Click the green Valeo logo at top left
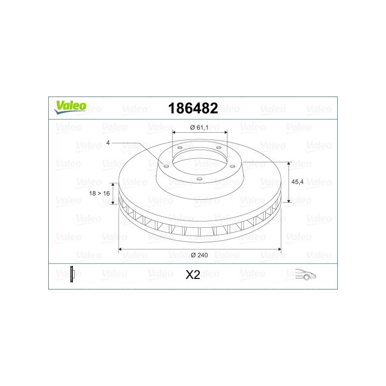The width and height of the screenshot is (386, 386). tap(70, 107)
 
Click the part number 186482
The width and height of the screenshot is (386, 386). tap(193, 108)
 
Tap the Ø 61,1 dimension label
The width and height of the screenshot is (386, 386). tap(199, 127)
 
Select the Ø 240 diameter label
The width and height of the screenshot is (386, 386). tap(199, 255)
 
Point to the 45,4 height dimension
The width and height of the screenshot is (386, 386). tap(297, 182)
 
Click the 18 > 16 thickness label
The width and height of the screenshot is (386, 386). tap(99, 193)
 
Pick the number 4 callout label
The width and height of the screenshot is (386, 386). tap(108, 143)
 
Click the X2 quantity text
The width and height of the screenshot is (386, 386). tap(193, 275)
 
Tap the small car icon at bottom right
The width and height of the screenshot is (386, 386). tap(305, 274)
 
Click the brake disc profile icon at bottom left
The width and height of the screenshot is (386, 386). tap(72, 274)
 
